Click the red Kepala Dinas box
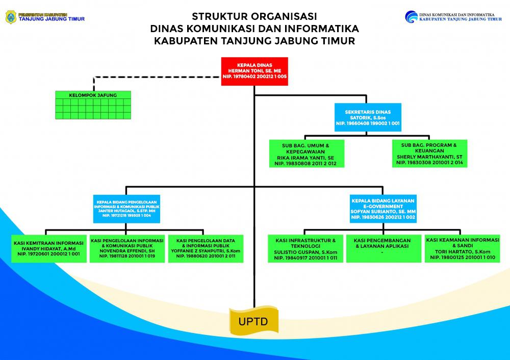[254, 71]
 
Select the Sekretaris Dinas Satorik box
[368, 116]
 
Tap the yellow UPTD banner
[254, 322]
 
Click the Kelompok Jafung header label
[93, 95]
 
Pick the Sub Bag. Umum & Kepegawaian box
[306, 153]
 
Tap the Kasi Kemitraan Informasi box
[49, 248]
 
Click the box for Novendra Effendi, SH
[127, 248]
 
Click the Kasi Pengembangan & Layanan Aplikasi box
[383, 248]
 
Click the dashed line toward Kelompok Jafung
[153, 77]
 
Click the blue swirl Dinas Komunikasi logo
[411, 16]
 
